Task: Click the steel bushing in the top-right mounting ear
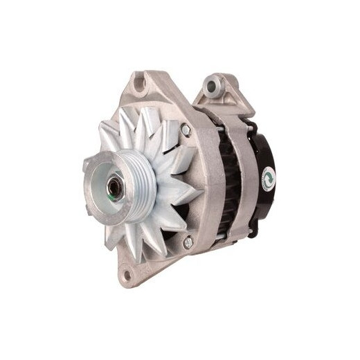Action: (215, 86)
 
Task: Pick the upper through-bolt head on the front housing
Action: (186, 129)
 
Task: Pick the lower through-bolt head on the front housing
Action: (187, 242)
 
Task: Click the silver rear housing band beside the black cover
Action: (244, 180)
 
